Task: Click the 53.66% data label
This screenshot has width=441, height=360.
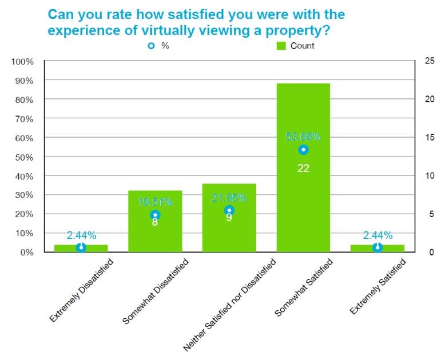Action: pos(303,137)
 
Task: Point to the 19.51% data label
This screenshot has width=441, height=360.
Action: pos(154,202)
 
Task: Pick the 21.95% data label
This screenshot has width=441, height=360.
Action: pos(229,198)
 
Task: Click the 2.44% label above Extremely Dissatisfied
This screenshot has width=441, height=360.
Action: pos(81,235)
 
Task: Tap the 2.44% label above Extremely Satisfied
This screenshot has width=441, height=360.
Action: pos(377,235)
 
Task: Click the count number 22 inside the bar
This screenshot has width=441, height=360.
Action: pos(303,168)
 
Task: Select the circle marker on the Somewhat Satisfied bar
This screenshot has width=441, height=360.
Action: pos(303,150)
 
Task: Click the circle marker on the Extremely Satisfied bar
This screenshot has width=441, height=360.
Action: pos(377,247)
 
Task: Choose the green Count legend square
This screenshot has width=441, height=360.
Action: pos(281,46)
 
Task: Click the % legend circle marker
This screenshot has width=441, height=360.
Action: pos(151,46)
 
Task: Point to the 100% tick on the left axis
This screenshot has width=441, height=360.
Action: pos(23,61)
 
